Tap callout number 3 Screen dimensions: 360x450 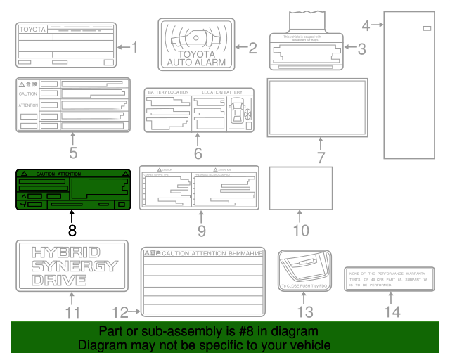point(361,49)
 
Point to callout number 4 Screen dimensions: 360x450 point(366,26)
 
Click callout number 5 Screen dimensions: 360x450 point(72,151)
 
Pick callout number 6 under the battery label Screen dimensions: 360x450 point(198,153)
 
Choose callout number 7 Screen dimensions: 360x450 point(320,157)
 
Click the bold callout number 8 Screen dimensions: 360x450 point(72,229)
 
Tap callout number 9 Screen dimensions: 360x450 point(200,230)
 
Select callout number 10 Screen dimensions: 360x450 point(300,230)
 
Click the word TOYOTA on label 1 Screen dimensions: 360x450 point(32,30)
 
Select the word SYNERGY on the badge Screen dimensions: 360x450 point(73,266)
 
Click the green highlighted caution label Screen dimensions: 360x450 point(72,190)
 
